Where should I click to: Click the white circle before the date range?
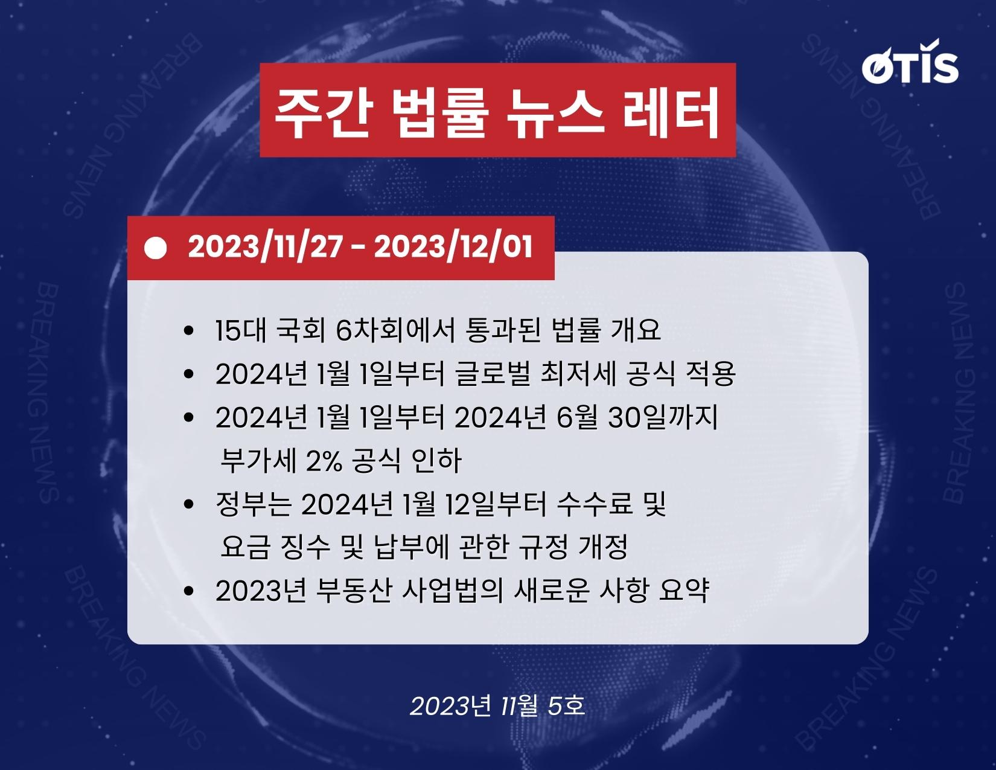(155, 248)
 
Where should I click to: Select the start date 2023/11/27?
(265, 247)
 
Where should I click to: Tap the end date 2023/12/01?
(453, 247)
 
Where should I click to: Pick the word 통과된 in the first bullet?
(502, 330)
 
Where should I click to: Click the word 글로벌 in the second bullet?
(493, 374)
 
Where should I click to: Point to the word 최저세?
(578, 374)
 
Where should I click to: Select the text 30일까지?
(663, 418)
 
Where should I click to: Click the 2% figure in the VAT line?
(324, 461)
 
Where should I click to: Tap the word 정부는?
(254, 504)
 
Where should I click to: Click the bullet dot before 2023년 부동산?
(188, 591)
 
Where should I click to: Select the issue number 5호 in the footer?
(566, 705)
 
